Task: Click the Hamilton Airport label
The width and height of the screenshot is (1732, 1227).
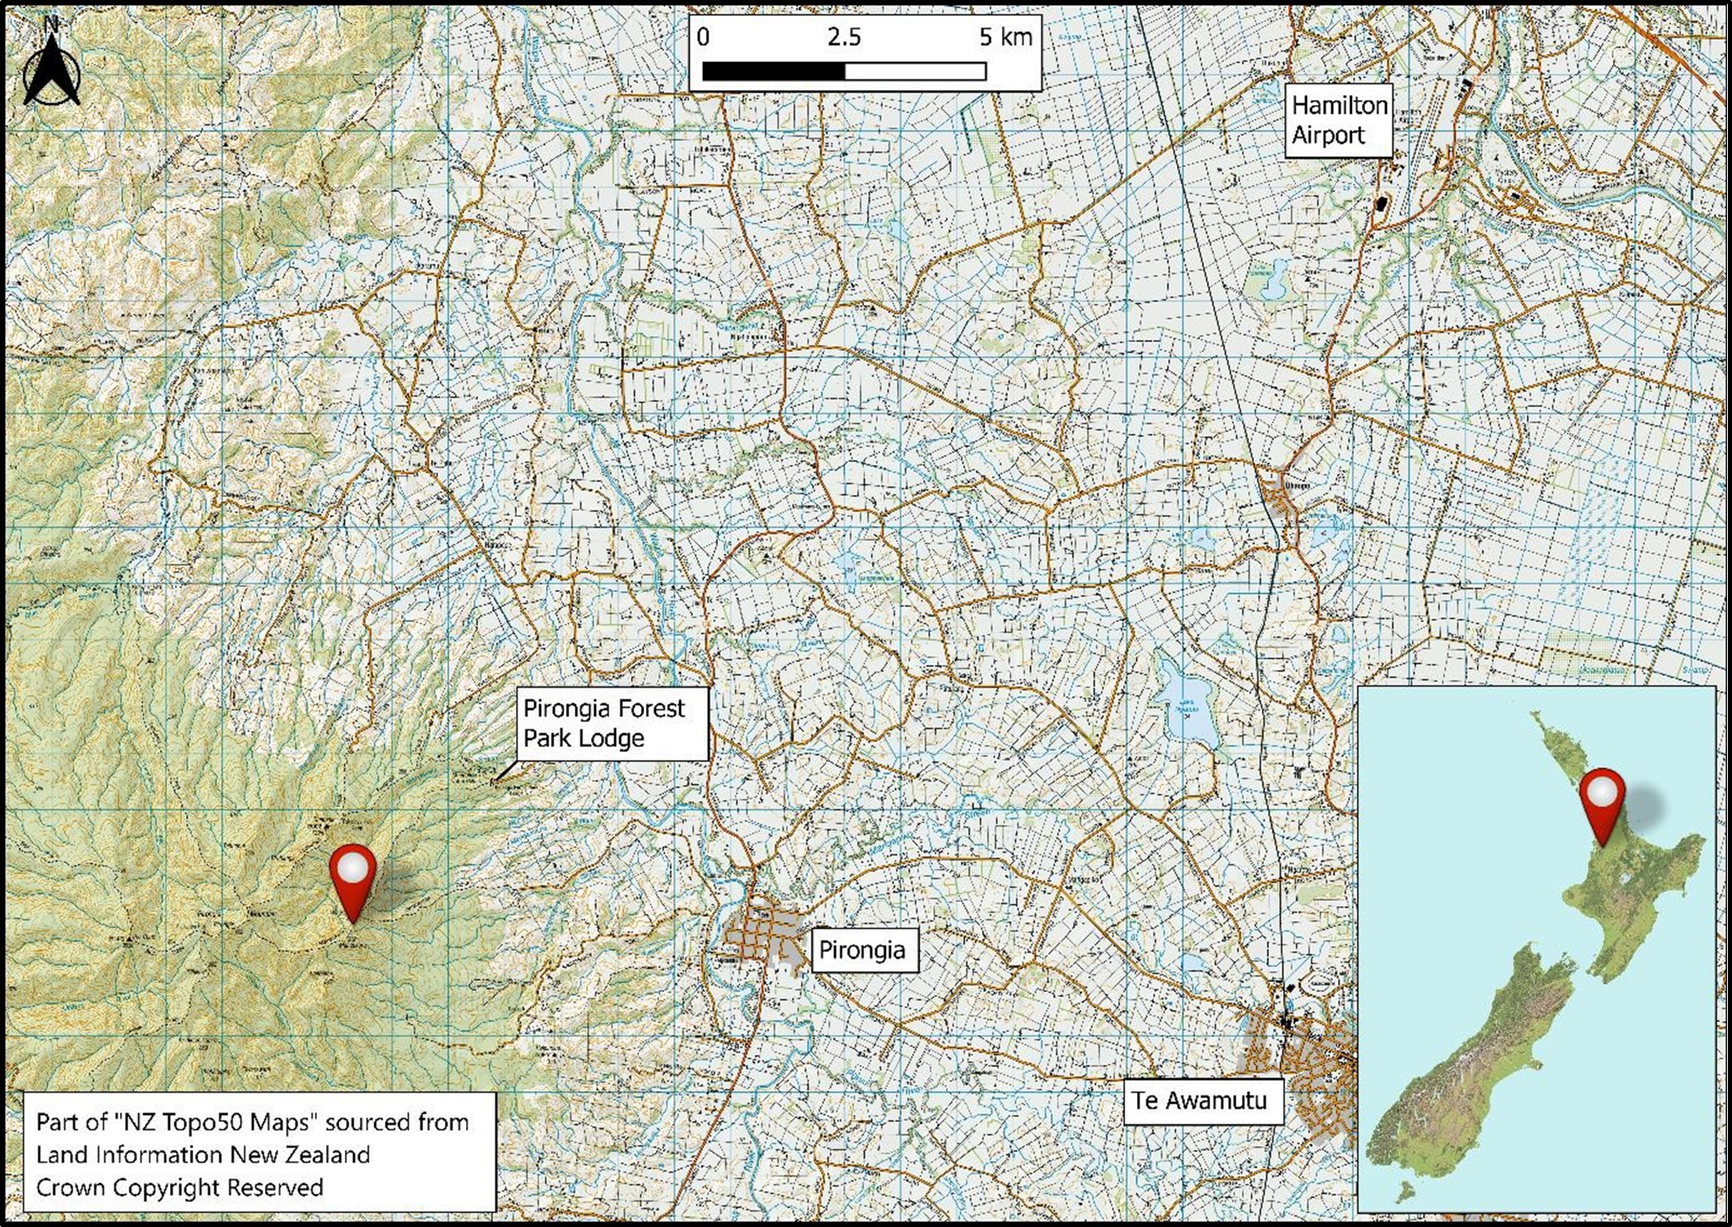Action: click(x=1339, y=120)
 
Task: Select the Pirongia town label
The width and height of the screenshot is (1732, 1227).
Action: click(x=863, y=950)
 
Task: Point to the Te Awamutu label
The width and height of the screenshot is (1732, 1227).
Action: click(x=1200, y=1100)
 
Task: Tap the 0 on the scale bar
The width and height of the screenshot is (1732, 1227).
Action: click(x=703, y=38)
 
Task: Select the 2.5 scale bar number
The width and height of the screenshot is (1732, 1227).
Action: click(x=844, y=38)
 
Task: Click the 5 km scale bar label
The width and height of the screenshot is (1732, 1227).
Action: click(x=1005, y=38)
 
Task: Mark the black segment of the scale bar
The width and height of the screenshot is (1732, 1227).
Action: click(x=773, y=73)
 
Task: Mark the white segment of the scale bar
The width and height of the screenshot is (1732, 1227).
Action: click(x=915, y=73)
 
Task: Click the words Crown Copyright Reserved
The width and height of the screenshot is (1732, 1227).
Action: click(x=179, y=1187)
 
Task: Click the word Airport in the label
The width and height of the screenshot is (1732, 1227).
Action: click(x=1328, y=135)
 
